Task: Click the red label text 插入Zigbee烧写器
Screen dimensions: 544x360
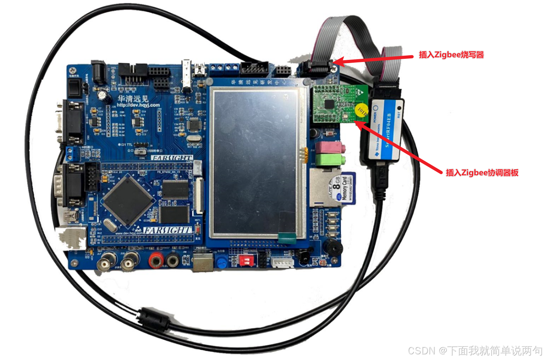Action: [451, 55]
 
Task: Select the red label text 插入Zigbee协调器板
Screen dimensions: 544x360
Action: [482, 173]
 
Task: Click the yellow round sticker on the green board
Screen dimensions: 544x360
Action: [361, 111]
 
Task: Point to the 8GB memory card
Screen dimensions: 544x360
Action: [342, 187]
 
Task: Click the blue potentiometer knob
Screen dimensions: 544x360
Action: [222, 263]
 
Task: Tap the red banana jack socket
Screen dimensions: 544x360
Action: [156, 261]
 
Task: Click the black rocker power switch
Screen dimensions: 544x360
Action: [74, 88]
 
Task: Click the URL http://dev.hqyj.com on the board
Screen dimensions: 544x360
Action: [138, 105]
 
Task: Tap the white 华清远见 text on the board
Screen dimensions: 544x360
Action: [133, 99]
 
